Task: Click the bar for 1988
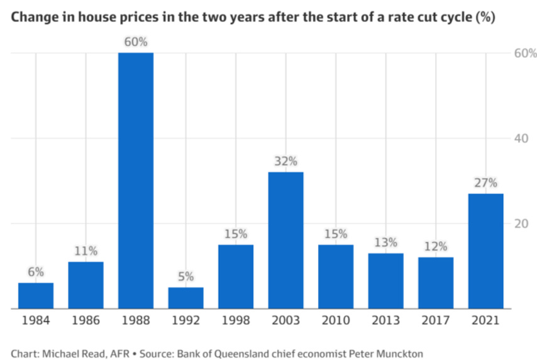pos(136,181)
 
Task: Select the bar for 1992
pos(185,298)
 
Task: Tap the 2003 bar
pos(285,240)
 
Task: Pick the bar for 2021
pos(485,250)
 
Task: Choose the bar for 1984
pos(36,296)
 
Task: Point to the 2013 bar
pos(385,281)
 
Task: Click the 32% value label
pos(285,161)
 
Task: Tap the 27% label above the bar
pos(485,183)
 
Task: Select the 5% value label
pos(185,277)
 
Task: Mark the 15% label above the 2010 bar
pos(336,234)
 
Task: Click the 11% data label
pos(86,251)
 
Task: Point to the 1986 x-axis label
pos(86,320)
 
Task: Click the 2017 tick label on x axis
pos(435,320)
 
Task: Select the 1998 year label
pos(236,320)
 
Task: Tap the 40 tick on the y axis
pos(520,138)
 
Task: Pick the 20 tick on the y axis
pos(520,223)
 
